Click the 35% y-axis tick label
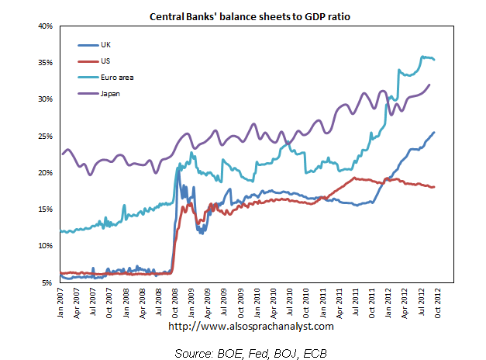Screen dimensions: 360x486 coord(45,63)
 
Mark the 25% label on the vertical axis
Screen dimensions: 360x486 coord(45,136)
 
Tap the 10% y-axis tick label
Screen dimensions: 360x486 coord(45,246)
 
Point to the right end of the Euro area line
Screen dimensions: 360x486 coord(434,59)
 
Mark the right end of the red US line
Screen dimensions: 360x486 coord(434,187)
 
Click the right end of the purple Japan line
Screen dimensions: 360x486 coord(429,85)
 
